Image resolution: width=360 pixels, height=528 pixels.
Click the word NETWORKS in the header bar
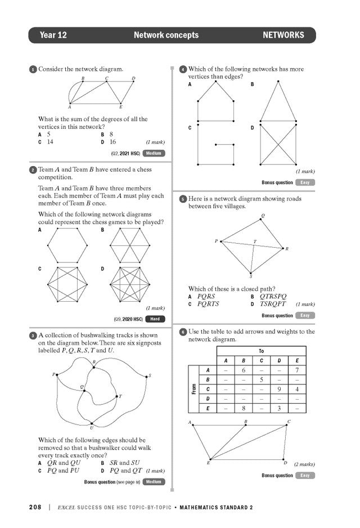283,35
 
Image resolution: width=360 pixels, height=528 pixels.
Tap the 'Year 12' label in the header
53,35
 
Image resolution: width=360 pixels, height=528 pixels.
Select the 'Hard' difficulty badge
155,319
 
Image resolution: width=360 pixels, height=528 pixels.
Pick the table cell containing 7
297,370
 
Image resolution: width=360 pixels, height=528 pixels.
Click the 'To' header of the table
261,351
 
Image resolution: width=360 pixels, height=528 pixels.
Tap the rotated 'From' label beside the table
194,389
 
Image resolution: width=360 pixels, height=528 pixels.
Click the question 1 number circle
33,69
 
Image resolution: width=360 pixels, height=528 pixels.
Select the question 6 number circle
183,332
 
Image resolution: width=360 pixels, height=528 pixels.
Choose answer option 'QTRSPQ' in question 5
273,296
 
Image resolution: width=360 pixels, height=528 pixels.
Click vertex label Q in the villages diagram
263,215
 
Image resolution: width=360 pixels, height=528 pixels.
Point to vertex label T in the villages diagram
254,242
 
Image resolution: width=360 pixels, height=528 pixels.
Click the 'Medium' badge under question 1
154,153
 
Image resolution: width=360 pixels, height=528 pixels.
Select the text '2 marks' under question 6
304,464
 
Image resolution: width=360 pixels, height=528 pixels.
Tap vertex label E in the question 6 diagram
208,462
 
